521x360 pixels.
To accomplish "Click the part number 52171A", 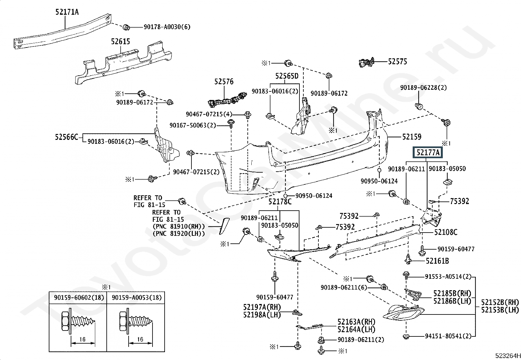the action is coord(67,12).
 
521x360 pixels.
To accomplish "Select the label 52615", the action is coord(120,42).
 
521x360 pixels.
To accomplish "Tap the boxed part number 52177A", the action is coord(428,153).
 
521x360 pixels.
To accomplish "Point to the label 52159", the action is coord(412,137).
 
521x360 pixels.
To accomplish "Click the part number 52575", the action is coord(398,62).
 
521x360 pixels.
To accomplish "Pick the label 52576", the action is coord(224,82).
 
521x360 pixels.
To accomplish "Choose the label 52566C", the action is coord(66,137).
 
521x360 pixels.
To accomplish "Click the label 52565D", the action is coord(287,76).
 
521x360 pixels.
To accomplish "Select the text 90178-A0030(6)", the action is coord(167,27).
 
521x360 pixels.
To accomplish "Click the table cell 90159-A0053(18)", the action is coord(137,297).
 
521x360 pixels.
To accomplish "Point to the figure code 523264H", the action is coord(508,356).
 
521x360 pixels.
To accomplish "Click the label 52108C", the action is coord(446,232).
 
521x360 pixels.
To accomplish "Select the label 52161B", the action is coord(437,261).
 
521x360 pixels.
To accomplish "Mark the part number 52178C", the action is coord(280,201).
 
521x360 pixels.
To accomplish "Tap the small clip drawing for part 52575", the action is coord(367,63).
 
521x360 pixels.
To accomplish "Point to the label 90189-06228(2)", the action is coord(423,87).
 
